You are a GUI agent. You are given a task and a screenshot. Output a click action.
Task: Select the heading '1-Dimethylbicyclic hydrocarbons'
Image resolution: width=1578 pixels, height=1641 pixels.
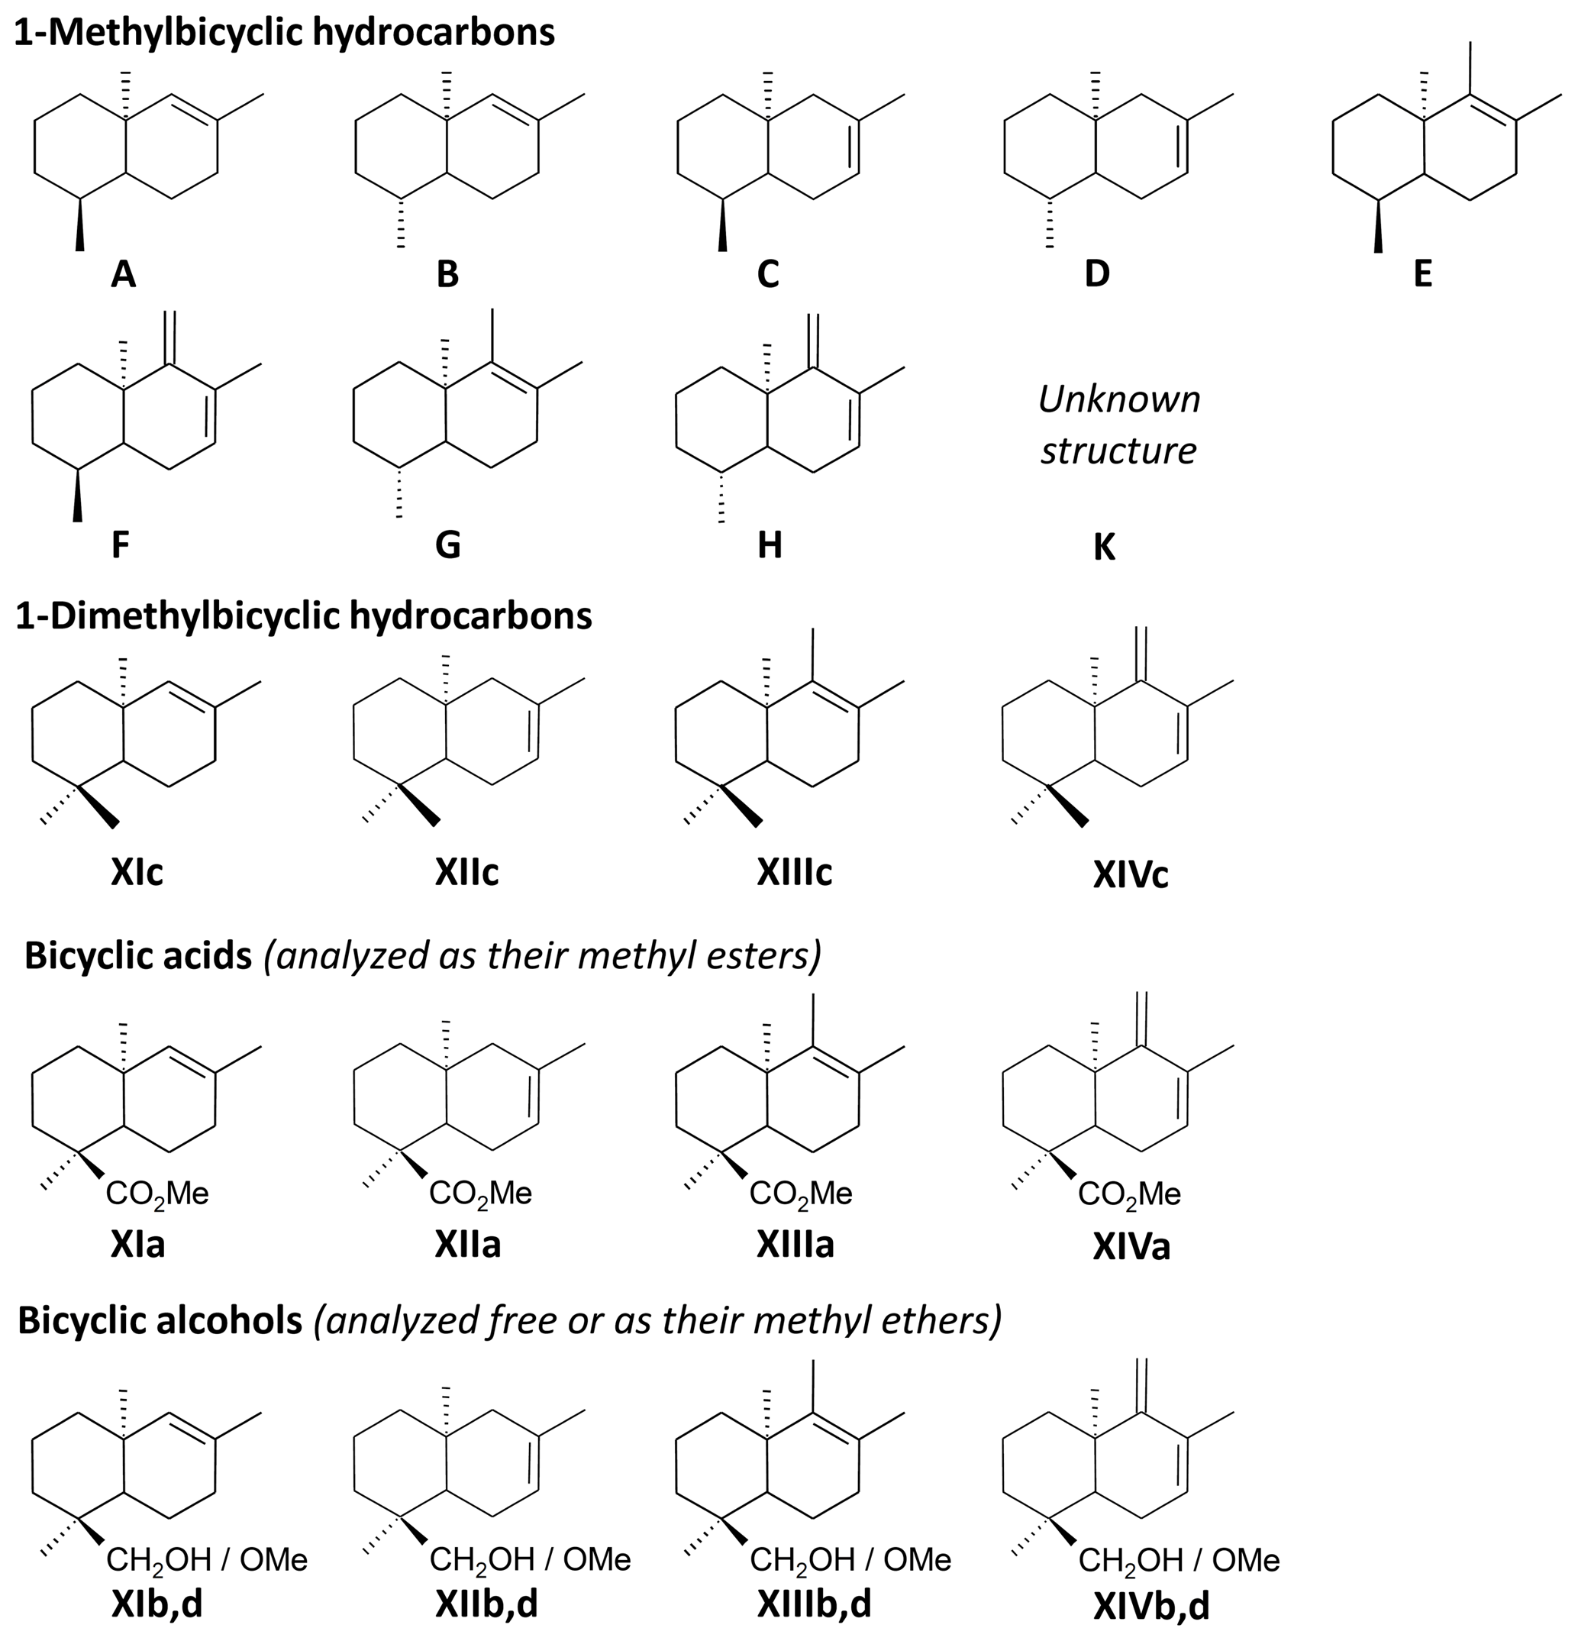pos(304,615)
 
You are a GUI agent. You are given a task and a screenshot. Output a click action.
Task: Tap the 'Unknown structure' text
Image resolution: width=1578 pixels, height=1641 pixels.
pos(1118,425)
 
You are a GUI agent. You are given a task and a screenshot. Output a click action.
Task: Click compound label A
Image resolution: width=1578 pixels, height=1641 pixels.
pos(123,274)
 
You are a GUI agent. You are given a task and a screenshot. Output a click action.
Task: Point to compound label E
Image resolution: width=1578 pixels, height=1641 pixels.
pos(1422,274)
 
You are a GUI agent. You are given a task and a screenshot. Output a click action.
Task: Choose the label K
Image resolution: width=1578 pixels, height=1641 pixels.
pos(1104,547)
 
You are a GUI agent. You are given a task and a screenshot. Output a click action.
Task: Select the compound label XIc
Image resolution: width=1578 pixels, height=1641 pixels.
pos(137,872)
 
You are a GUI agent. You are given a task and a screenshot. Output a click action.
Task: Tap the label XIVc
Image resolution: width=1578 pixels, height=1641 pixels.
pos(1130,874)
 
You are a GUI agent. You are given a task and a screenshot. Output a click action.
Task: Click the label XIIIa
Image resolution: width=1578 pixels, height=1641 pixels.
pos(795,1245)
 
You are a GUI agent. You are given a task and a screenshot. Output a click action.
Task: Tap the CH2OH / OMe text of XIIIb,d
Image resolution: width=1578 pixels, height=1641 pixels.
pos(850,1560)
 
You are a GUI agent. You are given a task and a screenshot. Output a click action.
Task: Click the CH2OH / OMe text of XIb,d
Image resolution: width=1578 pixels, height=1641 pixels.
pos(208,1560)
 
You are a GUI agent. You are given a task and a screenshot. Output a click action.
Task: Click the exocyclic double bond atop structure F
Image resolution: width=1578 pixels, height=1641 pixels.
pos(170,338)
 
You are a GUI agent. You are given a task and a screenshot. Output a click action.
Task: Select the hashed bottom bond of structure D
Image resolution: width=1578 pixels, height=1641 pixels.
pos(1049,224)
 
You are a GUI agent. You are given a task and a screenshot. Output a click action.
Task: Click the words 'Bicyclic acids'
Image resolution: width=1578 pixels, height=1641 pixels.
pos(138,955)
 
